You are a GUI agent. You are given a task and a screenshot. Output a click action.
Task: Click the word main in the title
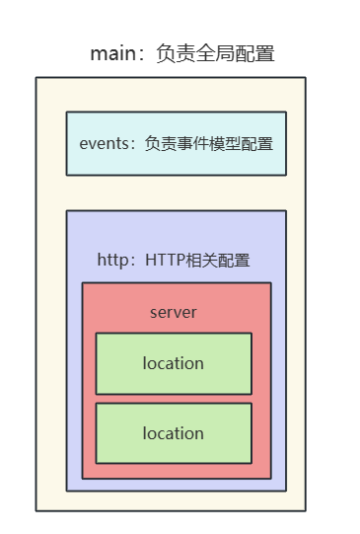tap(109, 54)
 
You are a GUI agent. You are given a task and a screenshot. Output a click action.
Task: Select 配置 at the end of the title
tap(256, 54)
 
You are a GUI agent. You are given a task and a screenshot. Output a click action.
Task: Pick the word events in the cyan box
tap(103, 143)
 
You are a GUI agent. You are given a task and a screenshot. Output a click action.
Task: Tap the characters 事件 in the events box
tap(192, 143)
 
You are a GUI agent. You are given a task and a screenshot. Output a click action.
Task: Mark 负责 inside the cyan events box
tap(160, 143)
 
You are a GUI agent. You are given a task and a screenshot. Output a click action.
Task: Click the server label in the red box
tap(174, 313)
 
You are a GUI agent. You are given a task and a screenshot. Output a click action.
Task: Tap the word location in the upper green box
tap(174, 363)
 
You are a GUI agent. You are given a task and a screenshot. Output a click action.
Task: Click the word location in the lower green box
tap(174, 433)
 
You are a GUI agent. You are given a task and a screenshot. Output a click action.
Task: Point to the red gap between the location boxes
tap(174, 399)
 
